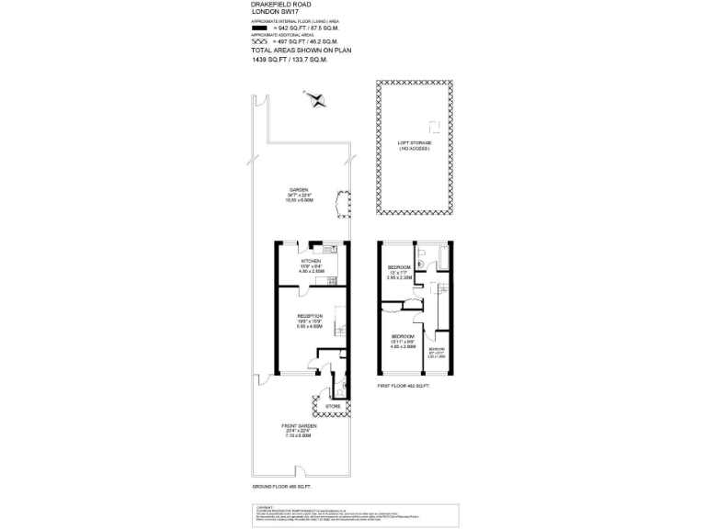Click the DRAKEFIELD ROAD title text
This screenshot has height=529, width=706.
pyautogui.click(x=276, y=5)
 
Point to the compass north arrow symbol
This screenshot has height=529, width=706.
pyautogui.click(x=317, y=99)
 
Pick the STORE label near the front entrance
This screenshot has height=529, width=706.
pyautogui.click(x=333, y=405)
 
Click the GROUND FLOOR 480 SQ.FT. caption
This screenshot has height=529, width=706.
pyautogui.click(x=282, y=486)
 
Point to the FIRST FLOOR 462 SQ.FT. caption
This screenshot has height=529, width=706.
pyautogui.click(x=404, y=387)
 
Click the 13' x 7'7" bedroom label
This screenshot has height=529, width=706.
pyautogui.click(x=399, y=269)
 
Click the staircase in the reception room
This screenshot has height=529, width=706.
pyautogui.click(x=339, y=323)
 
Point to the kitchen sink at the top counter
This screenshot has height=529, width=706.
pyautogui.click(x=328, y=249)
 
